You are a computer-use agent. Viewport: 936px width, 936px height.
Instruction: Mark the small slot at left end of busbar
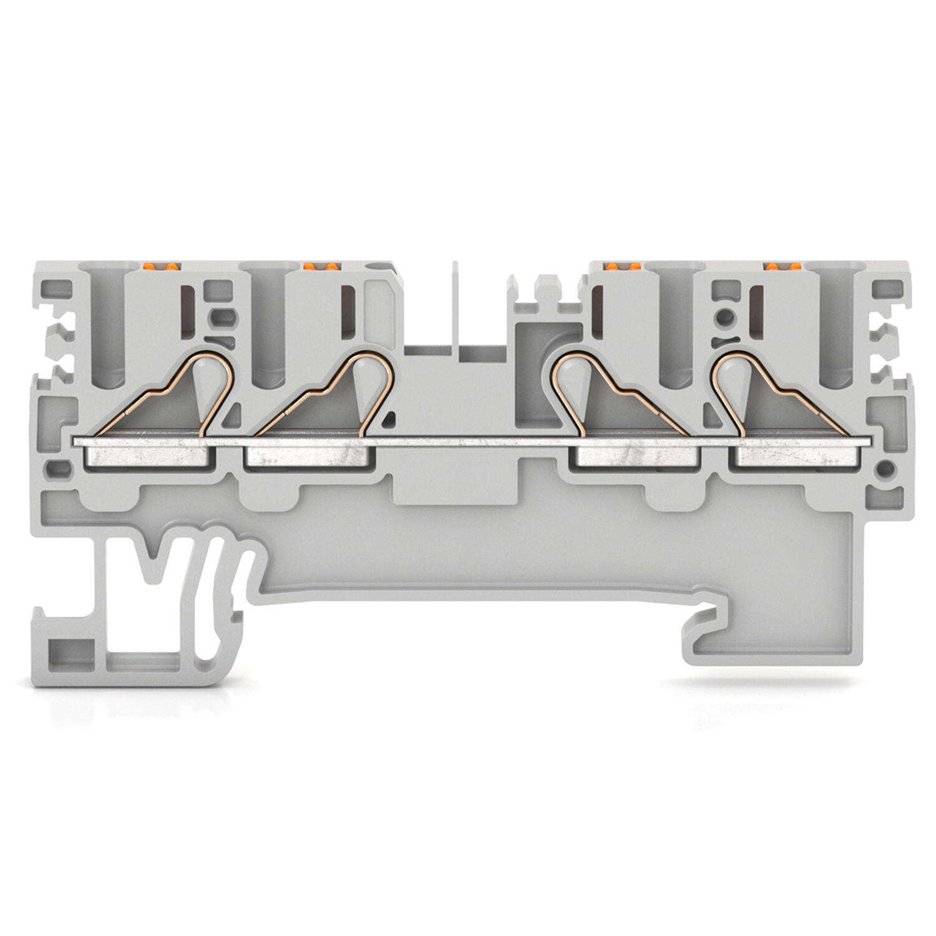pyautogui.click(x=59, y=466)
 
